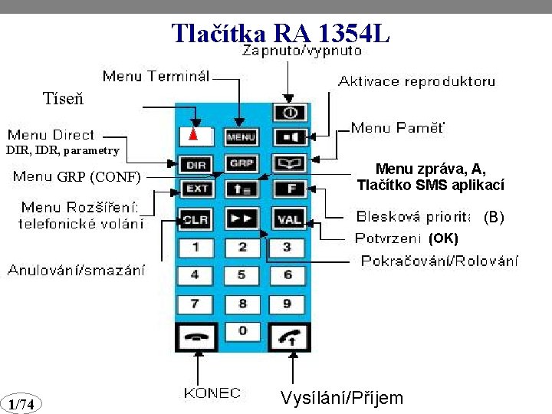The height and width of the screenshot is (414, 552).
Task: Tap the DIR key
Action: (x=195, y=164)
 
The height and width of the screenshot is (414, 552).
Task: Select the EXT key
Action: (x=195, y=188)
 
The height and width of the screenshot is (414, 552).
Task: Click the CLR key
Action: (x=195, y=219)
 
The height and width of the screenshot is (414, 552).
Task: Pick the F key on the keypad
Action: (x=290, y=188)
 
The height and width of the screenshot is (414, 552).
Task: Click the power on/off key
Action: (x=290, y=113)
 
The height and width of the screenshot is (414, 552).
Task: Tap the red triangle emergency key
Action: (x=195, y=136)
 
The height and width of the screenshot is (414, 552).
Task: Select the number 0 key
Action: (x=242, y=330)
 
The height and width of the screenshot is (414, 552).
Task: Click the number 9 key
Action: (x=287, y=304)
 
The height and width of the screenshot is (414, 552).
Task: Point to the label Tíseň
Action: (x=64, y=99)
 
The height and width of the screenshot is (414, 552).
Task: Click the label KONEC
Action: (x=212, y=393)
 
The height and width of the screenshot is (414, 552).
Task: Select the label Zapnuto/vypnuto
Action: (x=302, y=52)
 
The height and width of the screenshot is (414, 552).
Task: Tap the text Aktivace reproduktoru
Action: (x=417, y=80)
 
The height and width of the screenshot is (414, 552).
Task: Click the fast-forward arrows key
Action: (x=242, y=219)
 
